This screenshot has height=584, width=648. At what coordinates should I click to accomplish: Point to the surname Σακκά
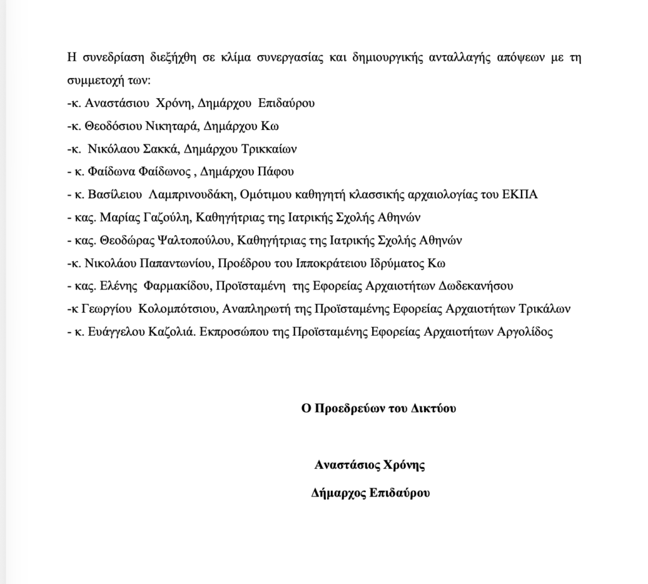point(151,149)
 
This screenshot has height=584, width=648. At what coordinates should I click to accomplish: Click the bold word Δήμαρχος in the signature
point(338,493)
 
